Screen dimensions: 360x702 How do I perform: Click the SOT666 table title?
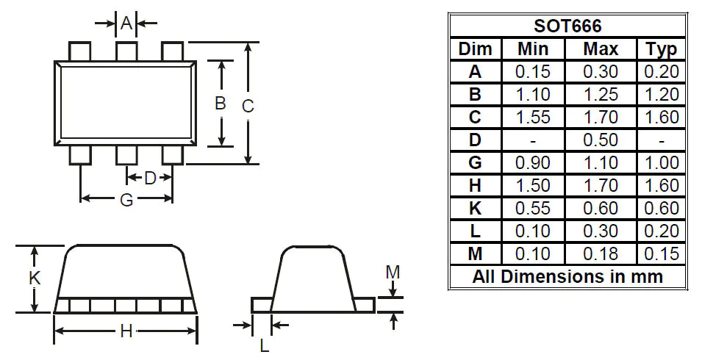coord(567,26)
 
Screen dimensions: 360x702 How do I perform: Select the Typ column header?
coord(661,49)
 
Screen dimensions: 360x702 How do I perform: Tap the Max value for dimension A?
coord(601,72)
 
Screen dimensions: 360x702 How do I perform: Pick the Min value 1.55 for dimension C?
coord(533,118)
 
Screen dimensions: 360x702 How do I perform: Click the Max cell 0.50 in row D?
coord(601,140)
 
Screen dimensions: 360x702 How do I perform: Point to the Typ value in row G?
coord(661,163)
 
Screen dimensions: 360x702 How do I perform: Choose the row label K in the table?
coord(475,209)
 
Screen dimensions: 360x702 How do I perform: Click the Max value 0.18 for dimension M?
coord(601,254)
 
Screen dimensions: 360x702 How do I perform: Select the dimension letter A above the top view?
coord(126,24)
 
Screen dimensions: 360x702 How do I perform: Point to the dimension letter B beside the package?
coord(220,104)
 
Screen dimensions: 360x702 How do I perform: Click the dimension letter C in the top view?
coord(248,106)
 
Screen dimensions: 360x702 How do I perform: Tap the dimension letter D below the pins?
coord(150,178)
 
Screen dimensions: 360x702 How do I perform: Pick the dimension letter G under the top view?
coord(126,200)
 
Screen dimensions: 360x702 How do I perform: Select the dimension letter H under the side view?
coord(126,332)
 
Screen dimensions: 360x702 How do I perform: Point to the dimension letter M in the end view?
coord(393,273)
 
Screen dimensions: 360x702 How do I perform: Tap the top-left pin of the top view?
coord(79,51)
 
